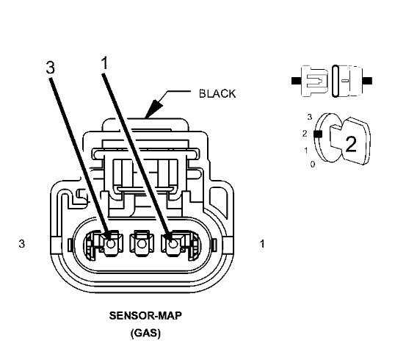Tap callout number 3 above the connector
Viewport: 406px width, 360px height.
49,67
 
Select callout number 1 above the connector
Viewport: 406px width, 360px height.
104,64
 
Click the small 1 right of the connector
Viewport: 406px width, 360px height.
263,243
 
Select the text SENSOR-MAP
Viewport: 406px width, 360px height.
145,317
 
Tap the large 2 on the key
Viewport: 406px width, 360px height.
350,143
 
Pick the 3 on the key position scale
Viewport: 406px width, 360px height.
310,117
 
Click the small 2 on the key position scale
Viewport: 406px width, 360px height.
304,134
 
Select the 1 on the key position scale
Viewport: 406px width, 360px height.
305,150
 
